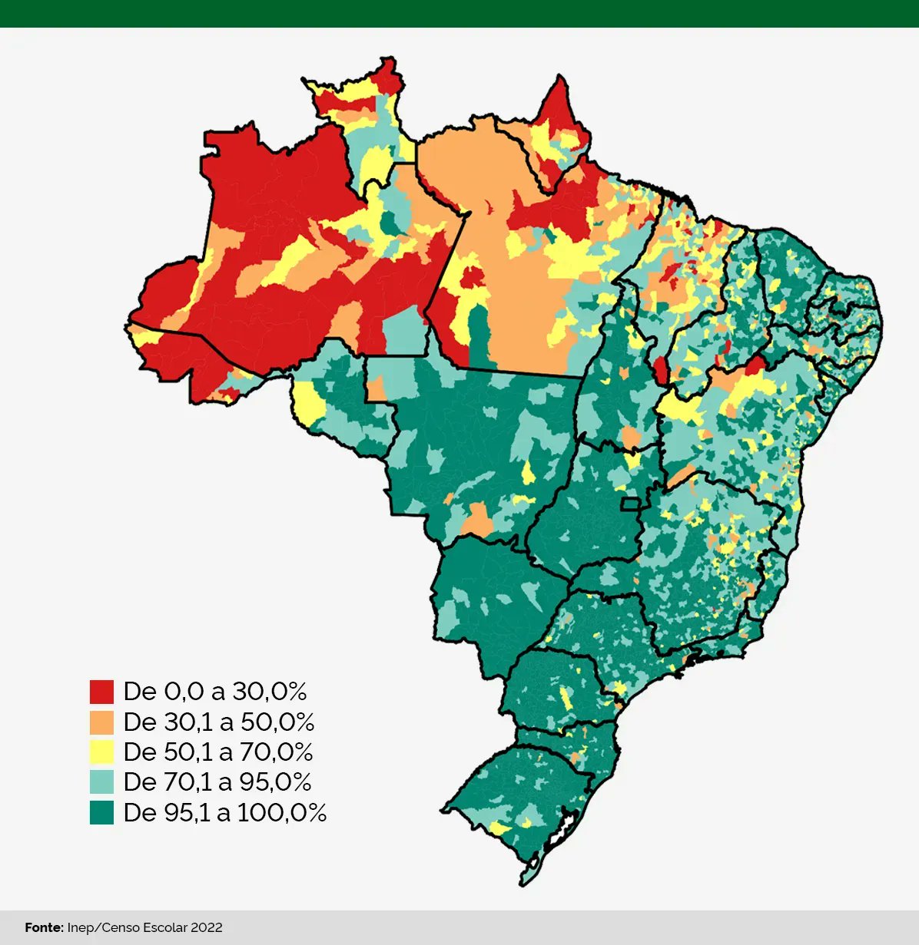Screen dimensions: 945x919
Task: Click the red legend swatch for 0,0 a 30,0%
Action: point(101,692)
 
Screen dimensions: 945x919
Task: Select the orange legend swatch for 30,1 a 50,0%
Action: point(101,722)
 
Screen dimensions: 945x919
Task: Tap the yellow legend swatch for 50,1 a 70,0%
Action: point(101,752)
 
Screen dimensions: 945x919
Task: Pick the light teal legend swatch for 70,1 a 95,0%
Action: point(101,781)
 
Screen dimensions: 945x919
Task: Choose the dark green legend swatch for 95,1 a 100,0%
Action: point(101,812)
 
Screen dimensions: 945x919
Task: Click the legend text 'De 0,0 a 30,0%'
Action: point(214,692)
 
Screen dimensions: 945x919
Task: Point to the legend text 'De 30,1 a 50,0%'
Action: point(218,722)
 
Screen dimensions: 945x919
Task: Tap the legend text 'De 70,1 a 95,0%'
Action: point(217,781)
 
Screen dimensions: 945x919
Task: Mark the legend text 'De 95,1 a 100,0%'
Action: point(224,812)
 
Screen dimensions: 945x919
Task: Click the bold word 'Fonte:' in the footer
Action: point(44,927)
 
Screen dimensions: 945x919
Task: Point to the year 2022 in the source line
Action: point(206,927)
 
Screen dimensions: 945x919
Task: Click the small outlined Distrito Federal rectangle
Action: point(631,504)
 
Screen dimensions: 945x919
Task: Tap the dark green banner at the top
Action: point(459,13)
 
